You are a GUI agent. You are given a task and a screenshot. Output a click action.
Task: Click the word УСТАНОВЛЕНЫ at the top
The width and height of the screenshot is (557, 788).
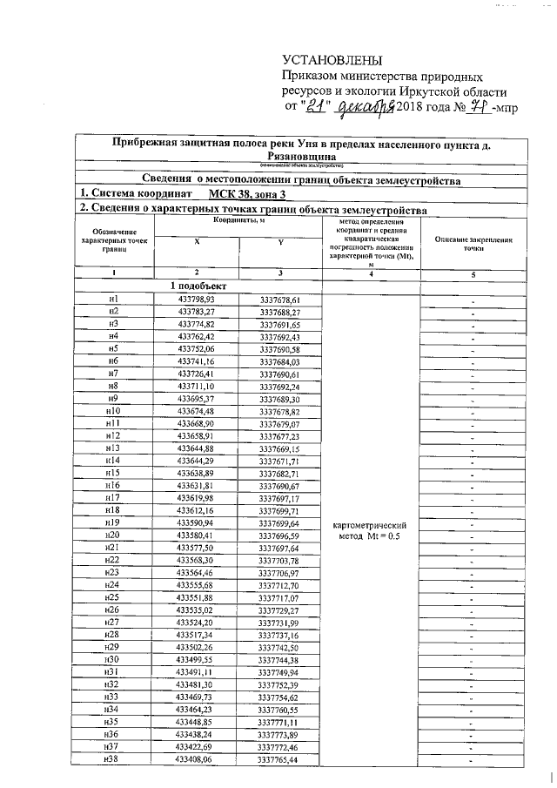pos(332,59)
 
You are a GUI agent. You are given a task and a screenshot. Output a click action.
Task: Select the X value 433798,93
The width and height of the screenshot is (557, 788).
pos(196,299)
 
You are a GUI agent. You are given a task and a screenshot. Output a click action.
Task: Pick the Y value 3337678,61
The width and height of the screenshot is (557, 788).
pos(279,299)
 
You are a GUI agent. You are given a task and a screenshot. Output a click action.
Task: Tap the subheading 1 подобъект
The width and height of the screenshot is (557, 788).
pos(197,286)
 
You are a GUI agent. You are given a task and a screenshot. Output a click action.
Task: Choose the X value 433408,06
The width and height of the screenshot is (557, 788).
pos(195,758)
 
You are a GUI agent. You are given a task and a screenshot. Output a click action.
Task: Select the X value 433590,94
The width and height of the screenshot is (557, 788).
pos(195,522)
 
